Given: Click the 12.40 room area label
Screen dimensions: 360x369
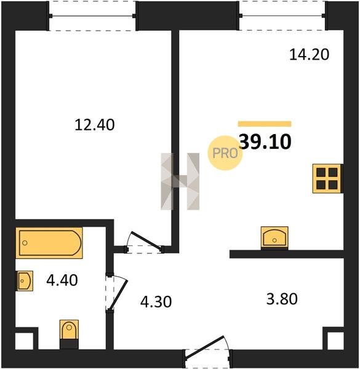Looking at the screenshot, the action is (95, 125).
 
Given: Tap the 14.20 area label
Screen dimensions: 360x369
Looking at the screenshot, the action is (309, 55).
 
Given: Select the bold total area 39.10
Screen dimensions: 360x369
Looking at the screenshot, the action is (265, 142).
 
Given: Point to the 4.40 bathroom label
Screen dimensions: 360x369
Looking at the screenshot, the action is (62, 280).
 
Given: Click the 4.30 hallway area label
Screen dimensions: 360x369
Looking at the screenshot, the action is (156, 302).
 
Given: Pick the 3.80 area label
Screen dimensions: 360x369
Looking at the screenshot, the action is (282, 299).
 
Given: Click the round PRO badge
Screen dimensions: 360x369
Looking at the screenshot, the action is (225, 153).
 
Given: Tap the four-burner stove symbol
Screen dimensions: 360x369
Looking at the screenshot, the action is (327, 178).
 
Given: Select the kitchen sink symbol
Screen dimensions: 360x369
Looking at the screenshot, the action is (274, 237).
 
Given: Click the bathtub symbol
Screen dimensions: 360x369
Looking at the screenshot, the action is (49, 243).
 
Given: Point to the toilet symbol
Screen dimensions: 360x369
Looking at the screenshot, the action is (69, 334).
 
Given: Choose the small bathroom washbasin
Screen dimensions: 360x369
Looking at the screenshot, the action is (24, 281).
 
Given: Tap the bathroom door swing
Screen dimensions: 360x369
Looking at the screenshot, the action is (116, 293).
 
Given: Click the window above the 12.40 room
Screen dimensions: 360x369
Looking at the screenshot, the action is (92, 16).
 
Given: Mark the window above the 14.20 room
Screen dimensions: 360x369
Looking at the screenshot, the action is (282, 16).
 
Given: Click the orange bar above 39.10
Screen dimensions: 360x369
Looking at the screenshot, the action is (265, 124).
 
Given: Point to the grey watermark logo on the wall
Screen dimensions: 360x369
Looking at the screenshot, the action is (180, 181).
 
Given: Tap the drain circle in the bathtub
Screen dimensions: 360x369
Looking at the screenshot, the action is (25, 243).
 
